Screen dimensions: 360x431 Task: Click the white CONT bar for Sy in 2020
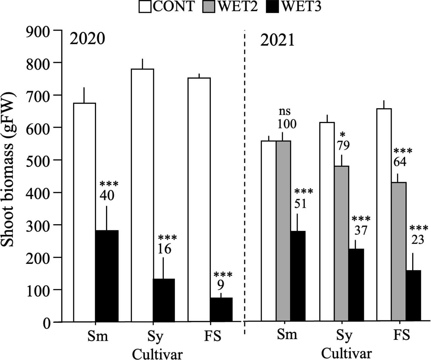click(142, 196)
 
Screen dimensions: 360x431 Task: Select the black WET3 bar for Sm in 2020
click(107, 276)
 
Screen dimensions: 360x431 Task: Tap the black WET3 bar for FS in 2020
click(221, 310)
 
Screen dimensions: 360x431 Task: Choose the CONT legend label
click(174, 7)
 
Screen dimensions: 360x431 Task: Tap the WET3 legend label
click(301, 7)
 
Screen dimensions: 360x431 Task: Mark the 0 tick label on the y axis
click(47, 323)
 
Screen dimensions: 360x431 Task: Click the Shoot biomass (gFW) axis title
click(8, 169)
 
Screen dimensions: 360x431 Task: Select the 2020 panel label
click(87, 39)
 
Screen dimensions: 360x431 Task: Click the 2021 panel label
click(277, 41)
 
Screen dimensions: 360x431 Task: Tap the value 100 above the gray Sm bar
click(287, 124)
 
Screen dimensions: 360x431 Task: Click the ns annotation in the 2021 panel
click(285, 112)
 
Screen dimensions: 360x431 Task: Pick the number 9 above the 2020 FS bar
click(221, 286)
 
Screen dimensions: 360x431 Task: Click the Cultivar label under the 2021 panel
click(346, 354)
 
